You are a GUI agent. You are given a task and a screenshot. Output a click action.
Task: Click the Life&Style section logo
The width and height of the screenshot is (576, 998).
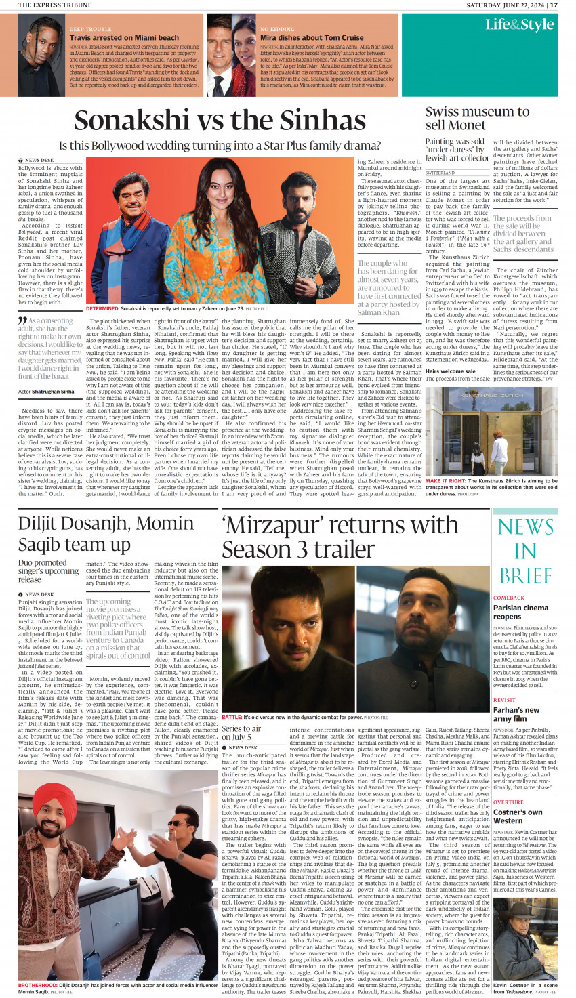pyautogui.click(x=519, y=25)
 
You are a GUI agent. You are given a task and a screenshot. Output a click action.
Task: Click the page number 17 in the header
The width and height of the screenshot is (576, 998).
pyautogui.click(x=554, y=5)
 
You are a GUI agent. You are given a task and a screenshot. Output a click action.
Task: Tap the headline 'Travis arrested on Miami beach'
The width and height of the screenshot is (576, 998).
pyautogui.click(x=124, y=38)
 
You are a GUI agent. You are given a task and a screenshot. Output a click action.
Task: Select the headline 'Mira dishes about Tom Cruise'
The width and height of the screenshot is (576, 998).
pyautogui.click(x=312, y=38)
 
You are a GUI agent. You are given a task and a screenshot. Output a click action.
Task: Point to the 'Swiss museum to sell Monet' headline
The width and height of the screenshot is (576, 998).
pyautogui.click(x=477, y=119)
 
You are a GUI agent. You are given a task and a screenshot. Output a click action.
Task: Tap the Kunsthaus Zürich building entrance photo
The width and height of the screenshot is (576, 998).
pyautogui.click(x=491, y=431)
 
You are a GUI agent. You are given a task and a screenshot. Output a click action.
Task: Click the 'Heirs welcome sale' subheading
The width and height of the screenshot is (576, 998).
pyautogui.click(x=450, y=371)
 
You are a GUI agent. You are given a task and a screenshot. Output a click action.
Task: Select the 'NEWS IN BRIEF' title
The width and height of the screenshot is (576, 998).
pyautogui.click(x=525, y=550)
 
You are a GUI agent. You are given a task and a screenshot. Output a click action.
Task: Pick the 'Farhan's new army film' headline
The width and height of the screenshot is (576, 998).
pyautogui.click(x=516, y=714)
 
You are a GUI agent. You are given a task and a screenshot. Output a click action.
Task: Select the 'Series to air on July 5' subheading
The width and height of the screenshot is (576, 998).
pyautogui.click(x=241, y=732)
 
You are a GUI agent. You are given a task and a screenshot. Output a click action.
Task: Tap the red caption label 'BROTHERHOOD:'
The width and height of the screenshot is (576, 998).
pyautogui.click(x=38, y=985)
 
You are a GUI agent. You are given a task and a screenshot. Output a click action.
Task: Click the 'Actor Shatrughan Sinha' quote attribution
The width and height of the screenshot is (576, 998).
pyautogui.click(x=46, y=392)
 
